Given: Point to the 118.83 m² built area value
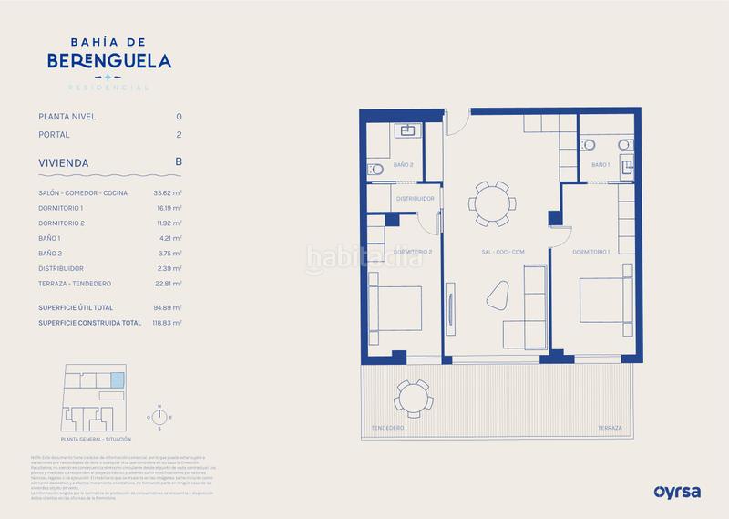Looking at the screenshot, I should [167, 323].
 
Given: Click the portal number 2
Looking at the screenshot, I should [179, 135].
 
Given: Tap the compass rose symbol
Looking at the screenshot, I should [159, 418].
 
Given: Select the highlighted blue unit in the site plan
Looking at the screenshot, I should [116, 380].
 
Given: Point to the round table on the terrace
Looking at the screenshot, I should [414, 398].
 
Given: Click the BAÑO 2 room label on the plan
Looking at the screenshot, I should [404, 165].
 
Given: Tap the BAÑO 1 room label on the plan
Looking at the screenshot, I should [600, 165].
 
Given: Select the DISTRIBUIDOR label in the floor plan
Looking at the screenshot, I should [415, 197].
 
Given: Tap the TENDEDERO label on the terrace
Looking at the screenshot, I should [388, 428].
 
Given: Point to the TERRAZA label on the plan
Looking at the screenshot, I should [611, 428].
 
